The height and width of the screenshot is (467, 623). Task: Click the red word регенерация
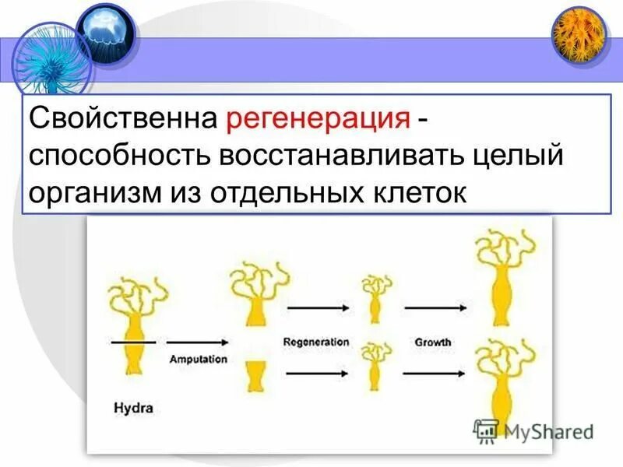[319, 119]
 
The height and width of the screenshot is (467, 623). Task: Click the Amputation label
[199, 360]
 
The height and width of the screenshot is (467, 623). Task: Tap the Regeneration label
[316, 342]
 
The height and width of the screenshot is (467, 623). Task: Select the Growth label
[433, 342]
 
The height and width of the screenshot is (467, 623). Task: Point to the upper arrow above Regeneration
[319, 308]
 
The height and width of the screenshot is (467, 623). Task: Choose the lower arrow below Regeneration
[319, 374]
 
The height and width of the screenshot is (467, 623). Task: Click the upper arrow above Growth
[435, 308]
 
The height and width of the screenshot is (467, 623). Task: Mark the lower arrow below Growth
[435, 374]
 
